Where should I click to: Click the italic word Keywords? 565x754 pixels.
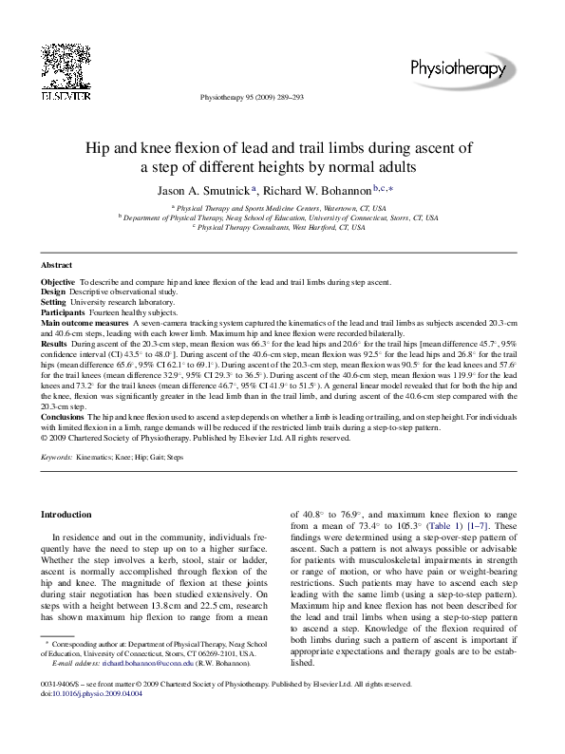coord(60,457)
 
